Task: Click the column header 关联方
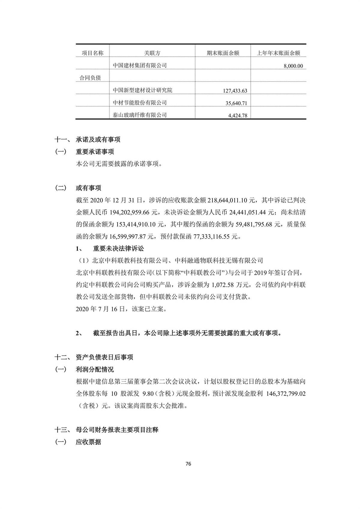pos(152,53)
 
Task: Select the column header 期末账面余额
pos(223,53)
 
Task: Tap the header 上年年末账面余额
pos(278,53)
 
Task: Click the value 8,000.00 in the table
pos(293,66)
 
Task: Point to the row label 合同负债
pos(90,78)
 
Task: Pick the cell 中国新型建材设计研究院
pos(142,90)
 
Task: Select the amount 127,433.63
pos(235,91)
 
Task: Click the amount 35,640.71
pos(236,103)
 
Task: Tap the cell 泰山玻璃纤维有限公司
pos(139,115)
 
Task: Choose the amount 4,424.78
pos(238,115)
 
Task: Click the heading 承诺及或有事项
pos(98,140)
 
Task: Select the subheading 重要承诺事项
pos(95,152)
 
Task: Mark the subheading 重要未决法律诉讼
pos(118,248)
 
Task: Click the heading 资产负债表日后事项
pos(104,357)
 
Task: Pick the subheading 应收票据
pos(88,442)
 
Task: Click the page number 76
pos(188,464)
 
